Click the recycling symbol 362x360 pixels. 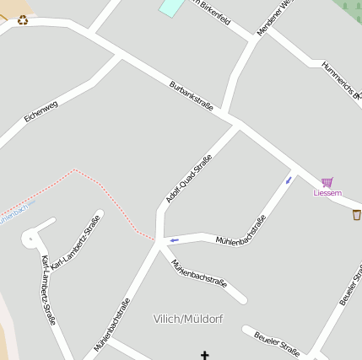[x=23, y=19]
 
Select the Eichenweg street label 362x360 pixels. [x=41, y=111]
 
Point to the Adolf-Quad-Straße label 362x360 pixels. [x=189, y=178]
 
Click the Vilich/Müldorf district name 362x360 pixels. [x=188, y=318]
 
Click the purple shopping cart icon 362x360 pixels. [x=327, y=181]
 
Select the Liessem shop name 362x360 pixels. [x=327, y=193]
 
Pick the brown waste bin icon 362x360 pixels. [x=357, y=214]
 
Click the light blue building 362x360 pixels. [x=171, y=7]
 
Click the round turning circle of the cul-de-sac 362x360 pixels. [x=31, y=239]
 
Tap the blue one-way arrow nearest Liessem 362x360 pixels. [x=289, y=180]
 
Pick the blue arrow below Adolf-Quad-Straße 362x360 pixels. [x=175, y=240]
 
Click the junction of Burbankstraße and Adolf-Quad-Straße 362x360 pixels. [x=237, y=122]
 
